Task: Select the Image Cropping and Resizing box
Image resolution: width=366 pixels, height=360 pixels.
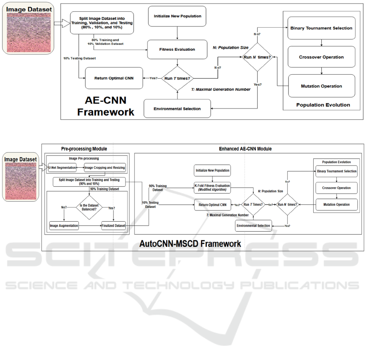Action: pos(105,168)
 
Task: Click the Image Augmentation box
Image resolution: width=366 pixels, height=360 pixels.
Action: pos(64,225)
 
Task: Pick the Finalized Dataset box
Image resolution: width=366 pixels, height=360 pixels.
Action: pos(113,225)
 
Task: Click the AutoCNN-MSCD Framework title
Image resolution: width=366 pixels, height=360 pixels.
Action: pos(190,244)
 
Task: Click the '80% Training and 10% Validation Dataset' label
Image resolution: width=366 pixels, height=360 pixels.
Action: pos(105,42)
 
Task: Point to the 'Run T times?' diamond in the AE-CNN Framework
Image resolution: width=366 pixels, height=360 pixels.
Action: pos(178,78)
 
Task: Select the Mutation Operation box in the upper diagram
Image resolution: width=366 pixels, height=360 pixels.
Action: pos(321,86)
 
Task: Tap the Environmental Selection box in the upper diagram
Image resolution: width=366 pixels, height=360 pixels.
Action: pos(177,109)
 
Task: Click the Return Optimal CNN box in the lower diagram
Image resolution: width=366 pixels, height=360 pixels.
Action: pos(212,205)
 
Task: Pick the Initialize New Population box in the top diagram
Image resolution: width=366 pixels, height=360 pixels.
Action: pos(177,17)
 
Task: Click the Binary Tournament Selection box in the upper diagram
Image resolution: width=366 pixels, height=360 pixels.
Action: pos(321,28)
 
